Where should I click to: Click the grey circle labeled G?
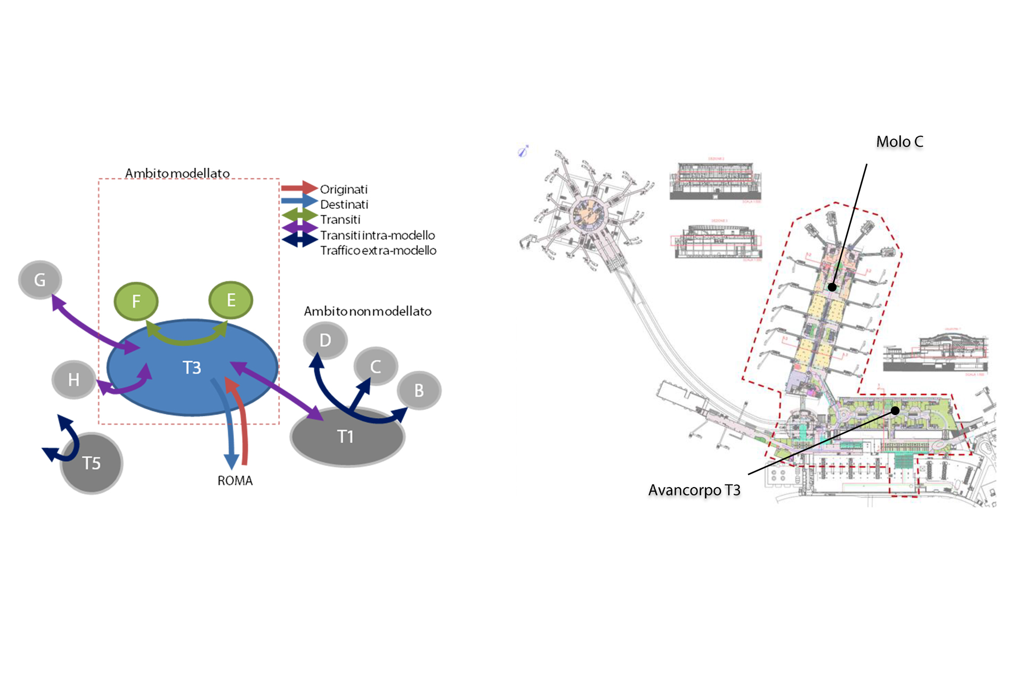[x=40, y=280]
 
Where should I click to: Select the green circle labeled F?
[x=136, y=301]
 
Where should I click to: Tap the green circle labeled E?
[x=231, y=300]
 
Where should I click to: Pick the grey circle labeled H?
[x=74, y=379]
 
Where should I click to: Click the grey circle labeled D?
[x=325, y=340]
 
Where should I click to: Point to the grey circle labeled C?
[x=376, y=367]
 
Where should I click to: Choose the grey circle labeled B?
[x=419, y=390]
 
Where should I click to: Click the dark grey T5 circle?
[x=92, y=463]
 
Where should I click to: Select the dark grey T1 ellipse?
[x=347, y=437]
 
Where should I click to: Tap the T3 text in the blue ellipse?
[x=192, y=368]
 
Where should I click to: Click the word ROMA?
[x=235, y=481]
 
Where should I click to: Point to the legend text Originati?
[x=344, y=189]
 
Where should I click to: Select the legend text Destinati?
[x=344, y=205]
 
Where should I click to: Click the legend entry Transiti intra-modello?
[x=377, y=235]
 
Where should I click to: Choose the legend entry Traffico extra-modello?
[x=378, y=250]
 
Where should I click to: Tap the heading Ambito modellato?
[x=177, y=173]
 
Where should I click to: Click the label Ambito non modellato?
[x=368, y=311]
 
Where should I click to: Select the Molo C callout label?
[x=899, y=142]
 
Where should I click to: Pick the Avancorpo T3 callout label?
[x=694, y=490]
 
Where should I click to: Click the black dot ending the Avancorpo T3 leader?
[x=895, y=411]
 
